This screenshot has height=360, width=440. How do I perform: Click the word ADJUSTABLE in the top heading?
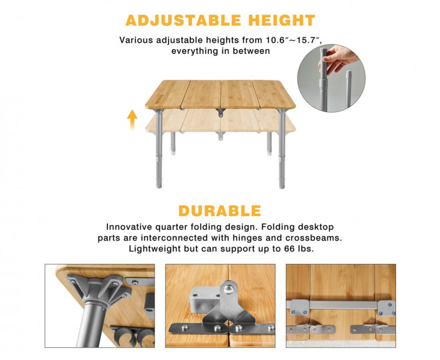[x=183, y=20]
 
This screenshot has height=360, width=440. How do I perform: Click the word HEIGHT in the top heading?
[x=282, y=20]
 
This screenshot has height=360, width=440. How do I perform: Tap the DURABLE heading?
[x=220, y=211]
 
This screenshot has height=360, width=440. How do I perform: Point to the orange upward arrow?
[x=132, y=119]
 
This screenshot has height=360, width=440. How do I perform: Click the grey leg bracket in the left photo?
[x=98, y=289]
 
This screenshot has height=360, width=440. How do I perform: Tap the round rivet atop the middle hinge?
[x=228, y=289]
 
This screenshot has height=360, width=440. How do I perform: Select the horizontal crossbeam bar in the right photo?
[x=341, y=305]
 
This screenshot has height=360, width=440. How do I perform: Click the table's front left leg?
[x=159, y=149]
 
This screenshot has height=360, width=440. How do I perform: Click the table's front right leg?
[x=282, y=149]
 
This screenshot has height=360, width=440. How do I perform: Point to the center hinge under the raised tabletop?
[x=220, y=113]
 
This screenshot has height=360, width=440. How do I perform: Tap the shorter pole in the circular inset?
[x=348, y=89]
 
